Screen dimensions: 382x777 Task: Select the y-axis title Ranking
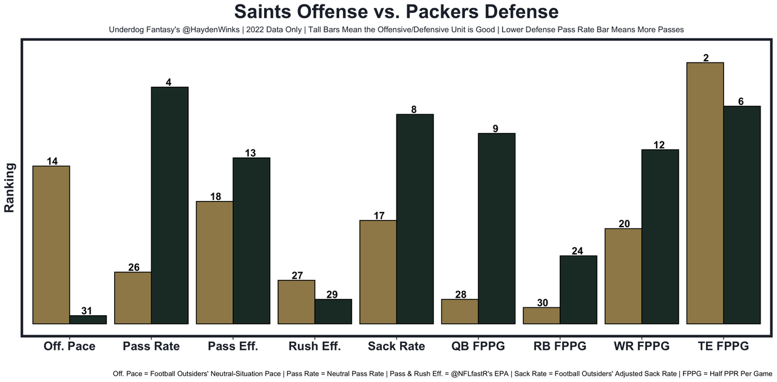(x=10, y=187)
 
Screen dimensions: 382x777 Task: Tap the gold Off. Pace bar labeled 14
(x=52, y=245)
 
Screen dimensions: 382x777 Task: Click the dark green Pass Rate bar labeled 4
(x=169, y=205)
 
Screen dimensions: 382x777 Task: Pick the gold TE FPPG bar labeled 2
(x=705, y=193)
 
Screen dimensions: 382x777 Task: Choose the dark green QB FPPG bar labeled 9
(x=497, y=228)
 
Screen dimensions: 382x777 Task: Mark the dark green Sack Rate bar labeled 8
(x=415, y=219)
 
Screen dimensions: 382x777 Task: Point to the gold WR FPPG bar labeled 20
(x=623, y=276)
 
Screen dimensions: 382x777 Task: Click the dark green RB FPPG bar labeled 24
(x=578, y=290)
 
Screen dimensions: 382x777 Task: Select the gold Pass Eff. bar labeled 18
(x=215, y=262)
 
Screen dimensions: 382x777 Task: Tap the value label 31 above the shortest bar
(x=87, y=311)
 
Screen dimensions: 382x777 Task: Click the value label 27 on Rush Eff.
(x=297, y=276)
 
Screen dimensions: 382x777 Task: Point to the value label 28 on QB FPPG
(x=460, y=295)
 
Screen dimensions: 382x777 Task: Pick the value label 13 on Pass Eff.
(x=251, y=153)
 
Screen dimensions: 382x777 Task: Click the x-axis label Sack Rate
(x=396, y=346)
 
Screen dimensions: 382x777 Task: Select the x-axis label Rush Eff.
(x=314, y=346)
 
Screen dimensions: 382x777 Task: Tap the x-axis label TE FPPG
(x=723, y=346)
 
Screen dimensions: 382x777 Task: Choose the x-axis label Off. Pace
(x=69, y=346)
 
